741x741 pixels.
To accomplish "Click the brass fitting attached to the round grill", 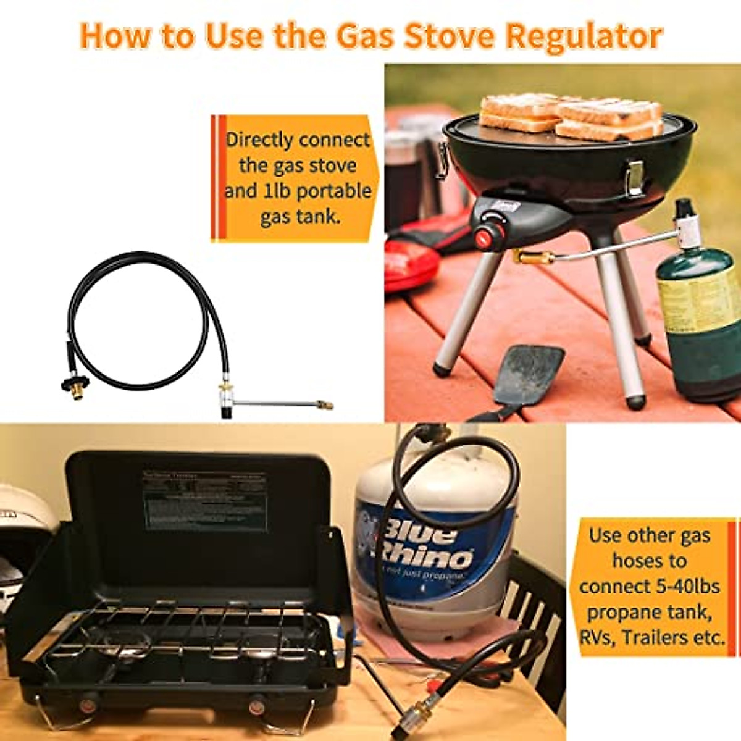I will point(529,256).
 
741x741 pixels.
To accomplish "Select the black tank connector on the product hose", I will point(75,383).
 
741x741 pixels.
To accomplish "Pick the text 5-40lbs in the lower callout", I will point(685,585).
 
